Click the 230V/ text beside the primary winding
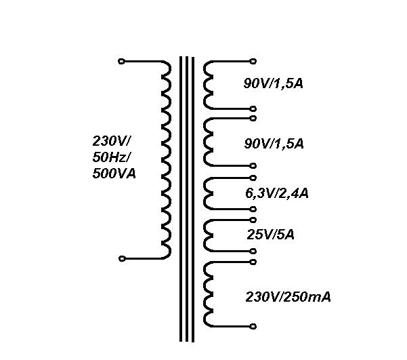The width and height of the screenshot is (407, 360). point(112,142)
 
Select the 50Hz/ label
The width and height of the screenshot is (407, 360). point(112,157)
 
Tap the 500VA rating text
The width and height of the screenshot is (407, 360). point(114,174)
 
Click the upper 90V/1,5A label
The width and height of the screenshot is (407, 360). point(274,84)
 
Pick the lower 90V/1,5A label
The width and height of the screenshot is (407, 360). point(274,144)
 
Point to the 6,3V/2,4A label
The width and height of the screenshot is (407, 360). point(276,193)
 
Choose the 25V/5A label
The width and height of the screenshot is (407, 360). point(270,235)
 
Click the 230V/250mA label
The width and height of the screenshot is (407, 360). point(288,297)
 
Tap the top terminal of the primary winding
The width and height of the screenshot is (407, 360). point(121,61)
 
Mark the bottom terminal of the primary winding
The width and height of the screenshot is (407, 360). point(121,258)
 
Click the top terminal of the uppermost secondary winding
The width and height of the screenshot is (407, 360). point(253,61)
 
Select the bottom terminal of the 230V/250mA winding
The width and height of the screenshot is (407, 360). point(253,326)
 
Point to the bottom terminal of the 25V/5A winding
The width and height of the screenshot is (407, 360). point(253,252)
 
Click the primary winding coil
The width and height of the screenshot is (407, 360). point(165,159)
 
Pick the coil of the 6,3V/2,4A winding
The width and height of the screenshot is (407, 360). point(209,194)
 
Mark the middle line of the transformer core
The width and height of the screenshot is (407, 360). point(187,203)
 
